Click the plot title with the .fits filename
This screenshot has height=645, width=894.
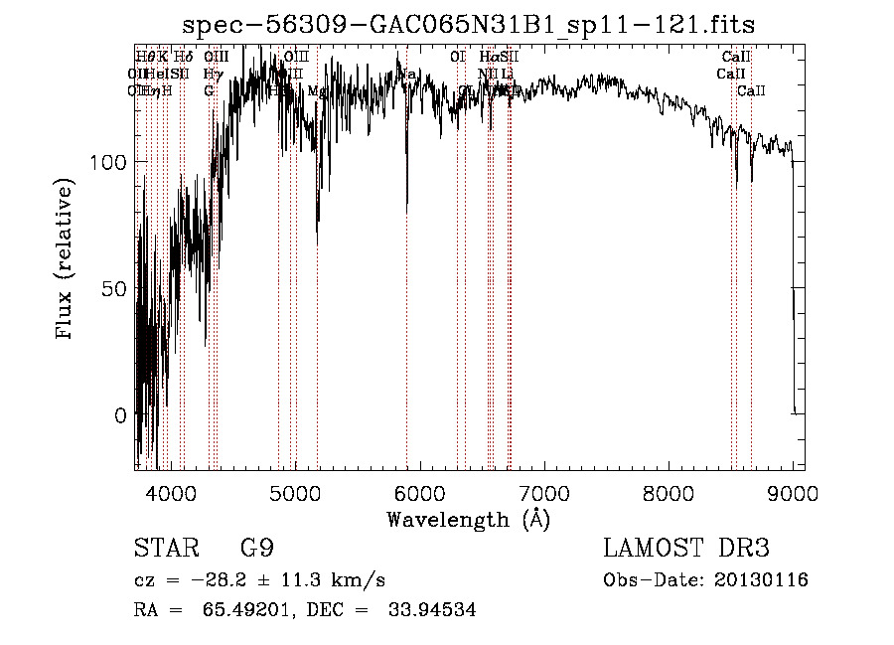(475, 25)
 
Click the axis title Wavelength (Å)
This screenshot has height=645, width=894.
(468, 518)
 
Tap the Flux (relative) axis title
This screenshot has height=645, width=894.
(67, 260)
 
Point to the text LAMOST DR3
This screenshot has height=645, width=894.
(685, 548)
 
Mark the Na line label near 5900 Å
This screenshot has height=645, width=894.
(407, 75)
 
